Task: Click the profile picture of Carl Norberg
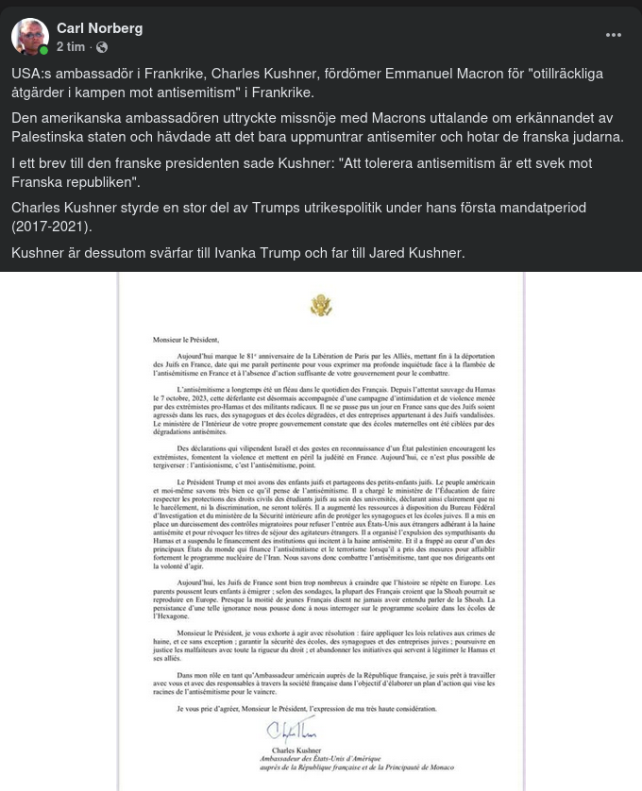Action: tap(30, 37)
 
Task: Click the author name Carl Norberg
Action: tap(99, 28)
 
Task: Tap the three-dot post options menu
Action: tap(614, 35)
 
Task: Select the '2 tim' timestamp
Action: tap(71, 46)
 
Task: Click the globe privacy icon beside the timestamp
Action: tap(102, 47)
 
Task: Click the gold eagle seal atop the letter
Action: tap(321, 305)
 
